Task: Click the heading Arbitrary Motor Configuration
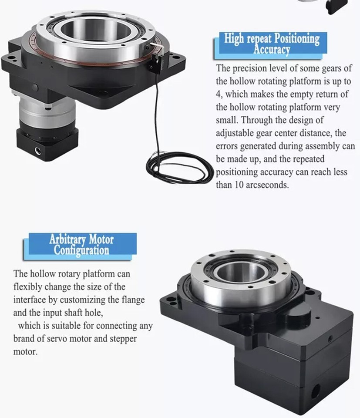(x=81, y=245)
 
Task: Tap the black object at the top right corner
(x=337, y=6)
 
